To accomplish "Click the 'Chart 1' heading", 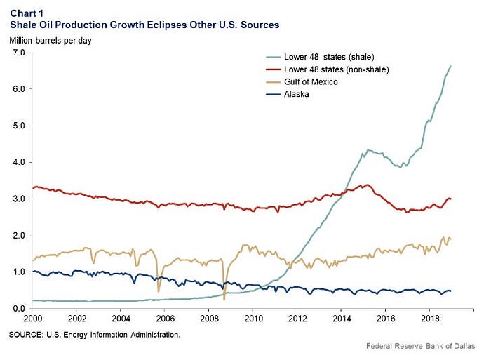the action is click(x=27, y=13).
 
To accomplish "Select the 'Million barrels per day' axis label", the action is click(x=51, y=41).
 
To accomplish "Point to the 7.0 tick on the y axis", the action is click(x=19, y=53).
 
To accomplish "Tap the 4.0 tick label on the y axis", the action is click(x=19, y=162).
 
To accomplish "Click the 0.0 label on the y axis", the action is click(x=19, y=309).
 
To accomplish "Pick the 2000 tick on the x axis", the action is click(x=33, y=319).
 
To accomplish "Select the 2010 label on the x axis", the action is click(x=254, y=319).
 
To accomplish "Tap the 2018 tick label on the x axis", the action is click(x=430, y=319).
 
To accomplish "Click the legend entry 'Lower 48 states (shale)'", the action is click(x=329, y=57).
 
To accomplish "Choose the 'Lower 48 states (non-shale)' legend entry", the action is click(x=337, y=69).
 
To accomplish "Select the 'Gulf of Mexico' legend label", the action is click(x=311, y=82).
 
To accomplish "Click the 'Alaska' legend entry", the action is click(x=297, y=94).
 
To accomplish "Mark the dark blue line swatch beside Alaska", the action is click(x=273, y=94).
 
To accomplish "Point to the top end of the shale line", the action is click(x=450, y=66).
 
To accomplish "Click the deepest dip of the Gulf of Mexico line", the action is click(x=224, y=300).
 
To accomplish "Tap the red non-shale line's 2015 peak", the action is click(x=368, y=185).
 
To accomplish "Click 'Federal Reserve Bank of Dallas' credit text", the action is click(x=421, y=346).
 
